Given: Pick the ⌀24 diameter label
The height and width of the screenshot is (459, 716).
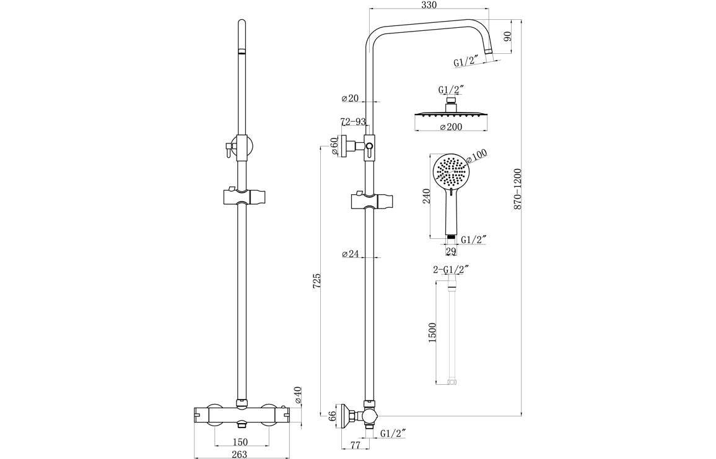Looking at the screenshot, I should click(351, 254).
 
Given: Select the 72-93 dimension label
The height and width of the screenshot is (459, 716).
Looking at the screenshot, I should click(353, 122).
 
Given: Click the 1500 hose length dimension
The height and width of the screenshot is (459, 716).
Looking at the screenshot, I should click(432, 332).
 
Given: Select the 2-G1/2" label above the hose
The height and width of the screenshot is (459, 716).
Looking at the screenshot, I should click(450, 269).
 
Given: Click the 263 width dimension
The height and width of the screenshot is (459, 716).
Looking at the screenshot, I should click(239, 454).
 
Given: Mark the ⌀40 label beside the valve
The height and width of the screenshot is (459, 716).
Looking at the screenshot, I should click(298, 395).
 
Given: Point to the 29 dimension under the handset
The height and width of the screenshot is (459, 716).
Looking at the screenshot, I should click(451, 251).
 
